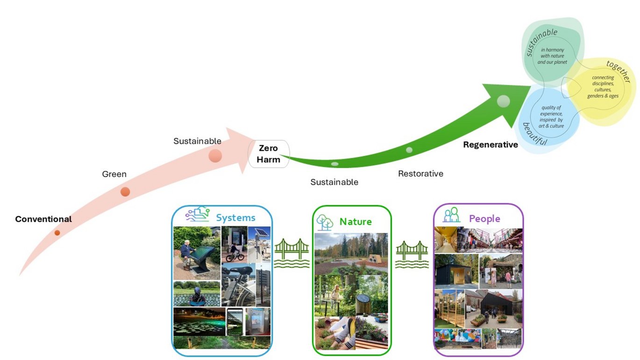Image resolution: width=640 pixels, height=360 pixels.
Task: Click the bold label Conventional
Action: click(x=43, y=219)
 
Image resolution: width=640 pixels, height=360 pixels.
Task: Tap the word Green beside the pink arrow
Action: click(x=114, y=174)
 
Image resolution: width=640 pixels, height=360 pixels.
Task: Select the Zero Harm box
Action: click(x=269, y=154)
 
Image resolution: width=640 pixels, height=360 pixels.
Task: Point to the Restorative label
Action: click(x=420, y=174)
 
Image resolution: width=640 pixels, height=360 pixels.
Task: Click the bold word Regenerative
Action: click(x=491, y=145)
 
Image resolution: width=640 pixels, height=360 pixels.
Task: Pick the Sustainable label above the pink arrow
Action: click(x=197, y=141)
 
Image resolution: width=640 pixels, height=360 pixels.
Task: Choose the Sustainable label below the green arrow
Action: click(x=334, y=182)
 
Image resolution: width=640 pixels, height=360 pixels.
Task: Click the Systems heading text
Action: click(x=235, y=218)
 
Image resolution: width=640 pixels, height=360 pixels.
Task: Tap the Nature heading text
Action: click(x=356, y=221)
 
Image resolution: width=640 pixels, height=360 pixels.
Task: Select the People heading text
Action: click(x=484, y=219)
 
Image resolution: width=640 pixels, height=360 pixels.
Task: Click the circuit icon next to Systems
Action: click(x=198, y=214)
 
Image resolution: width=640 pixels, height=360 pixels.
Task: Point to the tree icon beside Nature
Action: click(x=325, y=222)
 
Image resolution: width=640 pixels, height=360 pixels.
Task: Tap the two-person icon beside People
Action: click(x=451, y=215)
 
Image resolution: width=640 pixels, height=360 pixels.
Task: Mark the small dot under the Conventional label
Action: click(x=57, y=233)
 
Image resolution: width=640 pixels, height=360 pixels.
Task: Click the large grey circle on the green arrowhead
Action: click(x=503, y=100)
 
